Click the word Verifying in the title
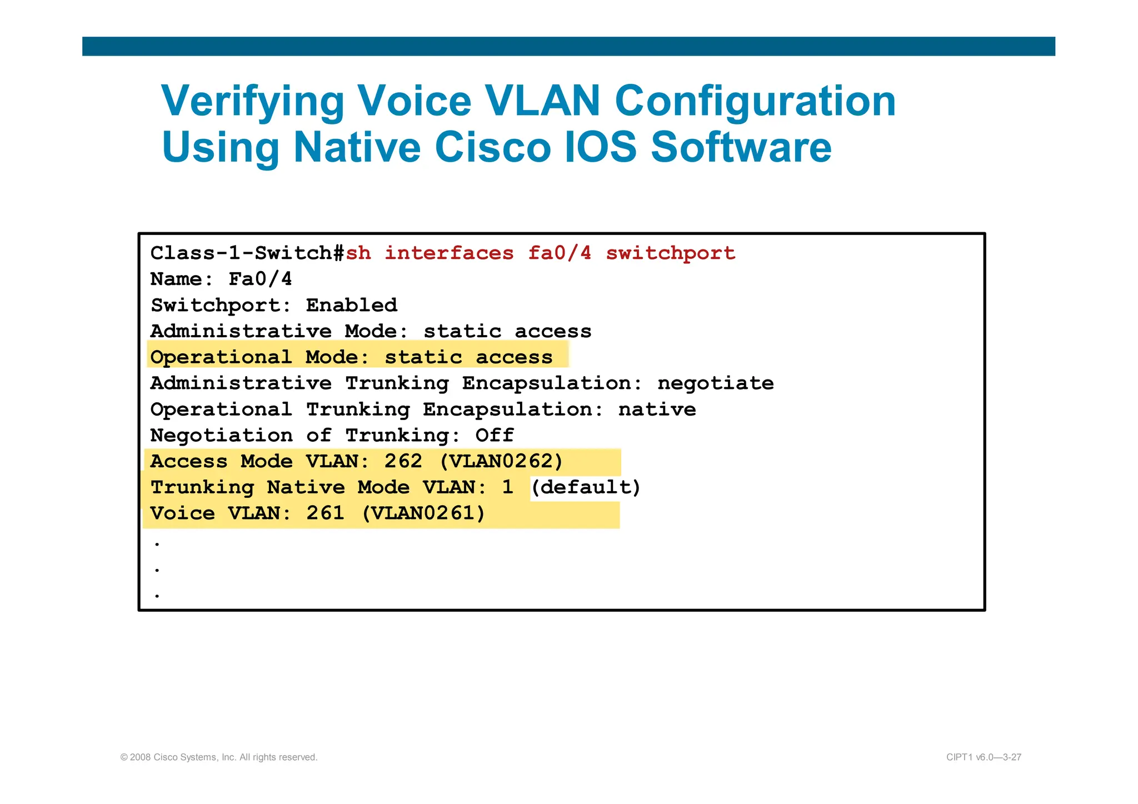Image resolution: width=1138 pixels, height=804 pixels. pos(253,102)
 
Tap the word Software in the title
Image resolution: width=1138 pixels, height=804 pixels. pos(741,148)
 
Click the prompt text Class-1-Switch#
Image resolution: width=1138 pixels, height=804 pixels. pos(248,253)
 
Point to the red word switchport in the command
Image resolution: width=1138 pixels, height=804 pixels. pos(670,253)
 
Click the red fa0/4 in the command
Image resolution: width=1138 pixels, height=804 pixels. pos(559,253)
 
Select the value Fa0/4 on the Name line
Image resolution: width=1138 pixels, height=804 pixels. pos(260,279)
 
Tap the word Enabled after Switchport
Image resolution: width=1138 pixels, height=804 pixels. pos(351,305)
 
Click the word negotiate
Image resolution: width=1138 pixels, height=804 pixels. pos(715,383)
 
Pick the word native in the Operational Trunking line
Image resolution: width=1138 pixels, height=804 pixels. pos(657,410)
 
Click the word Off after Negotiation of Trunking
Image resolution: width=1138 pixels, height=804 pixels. pos(495,436)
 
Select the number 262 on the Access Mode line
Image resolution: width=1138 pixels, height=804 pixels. pos(403,462)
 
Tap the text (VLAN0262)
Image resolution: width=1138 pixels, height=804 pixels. pos(501,462)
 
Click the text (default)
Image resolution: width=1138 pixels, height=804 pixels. pos(586,487)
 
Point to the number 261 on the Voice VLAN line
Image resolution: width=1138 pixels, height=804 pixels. pos(325,513)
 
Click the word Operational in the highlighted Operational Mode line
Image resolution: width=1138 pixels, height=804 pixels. pos(221,357)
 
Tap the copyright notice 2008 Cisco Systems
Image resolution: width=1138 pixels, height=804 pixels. pos(219,757)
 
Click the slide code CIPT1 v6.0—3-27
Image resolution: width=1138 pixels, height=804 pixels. pos(984,757)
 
